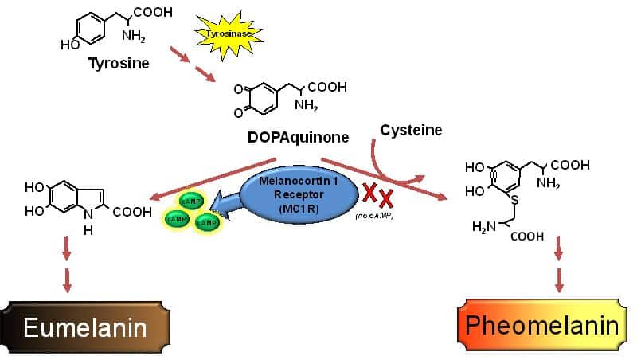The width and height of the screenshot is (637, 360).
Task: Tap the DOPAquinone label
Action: [x=298, y=137]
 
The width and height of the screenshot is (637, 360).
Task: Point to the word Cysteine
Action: [x=411, y=130]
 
